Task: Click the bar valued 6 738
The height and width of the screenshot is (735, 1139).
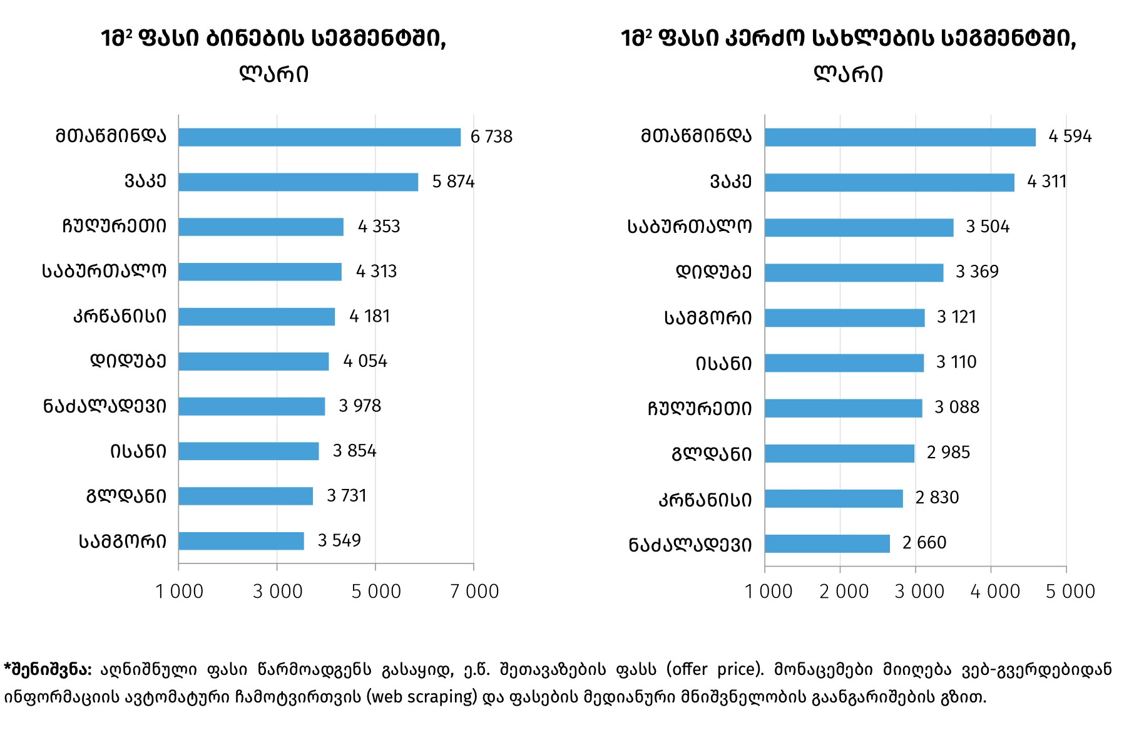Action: pos(319,137)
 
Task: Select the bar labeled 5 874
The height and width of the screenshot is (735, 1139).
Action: pos(298,182)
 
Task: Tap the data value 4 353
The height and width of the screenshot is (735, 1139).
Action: pos(379,227)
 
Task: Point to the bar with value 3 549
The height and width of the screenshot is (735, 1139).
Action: pos(241,541)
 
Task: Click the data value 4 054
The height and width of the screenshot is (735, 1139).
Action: pos(365,361)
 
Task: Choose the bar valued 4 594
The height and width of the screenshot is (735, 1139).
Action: pos(900,137)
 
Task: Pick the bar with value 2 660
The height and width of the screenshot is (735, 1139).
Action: pos(827,543)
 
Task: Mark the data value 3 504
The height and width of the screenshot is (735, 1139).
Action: pos(988,227)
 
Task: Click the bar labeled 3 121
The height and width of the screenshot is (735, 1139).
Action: pos(844,318)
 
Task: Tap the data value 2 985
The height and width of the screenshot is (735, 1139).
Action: pos(948,453)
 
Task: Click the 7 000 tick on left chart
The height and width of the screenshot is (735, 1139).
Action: pos(474,591)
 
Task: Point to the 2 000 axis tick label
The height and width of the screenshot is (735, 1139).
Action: pos(844,591)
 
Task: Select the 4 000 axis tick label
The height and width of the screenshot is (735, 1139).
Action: pos(994,591)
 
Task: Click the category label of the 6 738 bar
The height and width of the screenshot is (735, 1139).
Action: pos(111,136)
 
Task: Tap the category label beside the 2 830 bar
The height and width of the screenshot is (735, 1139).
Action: pos(705,500)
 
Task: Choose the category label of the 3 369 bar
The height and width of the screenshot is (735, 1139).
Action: pos(713,272)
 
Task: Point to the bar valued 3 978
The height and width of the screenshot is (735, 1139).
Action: pos(252,406)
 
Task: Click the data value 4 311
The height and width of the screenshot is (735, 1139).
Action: pos(1046,182)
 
